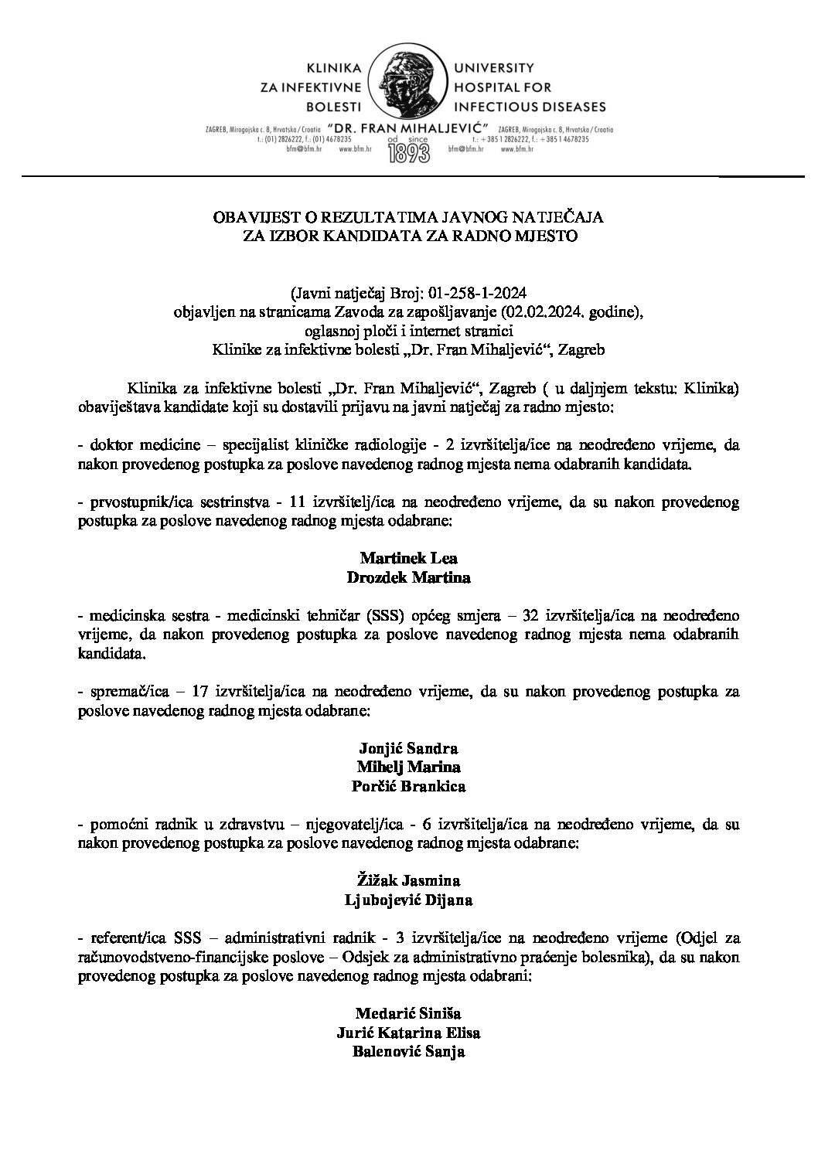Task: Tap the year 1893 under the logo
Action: [409, 151]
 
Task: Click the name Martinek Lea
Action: [408, 557]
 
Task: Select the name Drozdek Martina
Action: [408, 577]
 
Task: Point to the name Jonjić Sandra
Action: [408, 748]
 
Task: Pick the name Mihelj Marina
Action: [408, 767]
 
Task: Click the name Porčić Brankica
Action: [408, 786]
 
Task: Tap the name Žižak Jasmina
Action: [408, 880]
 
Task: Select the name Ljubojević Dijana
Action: [408, 900]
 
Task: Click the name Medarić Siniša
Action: [408, 1013]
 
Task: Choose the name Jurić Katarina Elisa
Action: [408, 1033]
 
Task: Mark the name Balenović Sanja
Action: [408, 1051]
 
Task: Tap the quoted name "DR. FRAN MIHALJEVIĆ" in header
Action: [409, 126]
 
